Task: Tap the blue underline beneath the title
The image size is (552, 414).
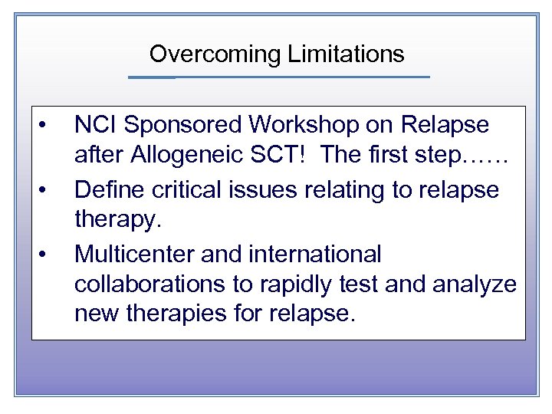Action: (x=278, y=77)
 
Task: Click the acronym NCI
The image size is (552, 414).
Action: (x=97, y=125)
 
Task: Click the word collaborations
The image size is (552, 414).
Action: (x=147, y=284)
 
